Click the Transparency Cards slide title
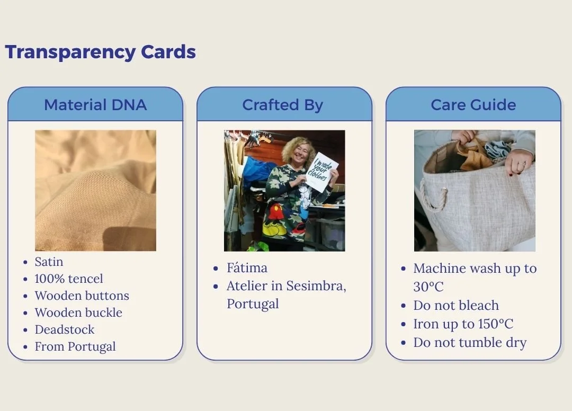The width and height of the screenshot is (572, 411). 100,52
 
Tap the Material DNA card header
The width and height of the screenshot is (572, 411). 95,105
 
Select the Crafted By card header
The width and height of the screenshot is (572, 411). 284,105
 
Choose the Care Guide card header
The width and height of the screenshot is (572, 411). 473,105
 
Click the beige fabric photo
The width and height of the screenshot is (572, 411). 95,190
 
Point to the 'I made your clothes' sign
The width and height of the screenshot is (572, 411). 321,172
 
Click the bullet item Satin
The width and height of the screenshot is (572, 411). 49,262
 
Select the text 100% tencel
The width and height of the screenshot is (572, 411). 69,279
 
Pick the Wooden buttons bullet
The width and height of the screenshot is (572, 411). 82,296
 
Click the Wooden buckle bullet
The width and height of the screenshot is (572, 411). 78,312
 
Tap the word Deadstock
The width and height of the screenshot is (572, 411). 65,329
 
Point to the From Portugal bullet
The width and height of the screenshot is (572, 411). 75,346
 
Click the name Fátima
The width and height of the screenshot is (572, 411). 247,267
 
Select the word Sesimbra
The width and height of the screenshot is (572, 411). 316,286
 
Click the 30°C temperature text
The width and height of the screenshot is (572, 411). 428,287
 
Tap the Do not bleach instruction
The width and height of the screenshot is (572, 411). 456,305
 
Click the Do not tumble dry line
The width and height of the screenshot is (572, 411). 470,343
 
